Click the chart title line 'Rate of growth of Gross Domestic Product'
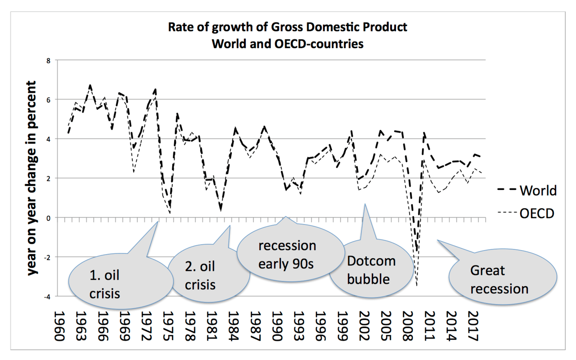tap(288, 27)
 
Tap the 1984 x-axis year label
tap(232, 326)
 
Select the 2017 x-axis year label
tap(471, 326)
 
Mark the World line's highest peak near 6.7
tap(90, 85)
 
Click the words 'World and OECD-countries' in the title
tap(288, 45)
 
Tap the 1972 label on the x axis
tap(145, 326)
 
